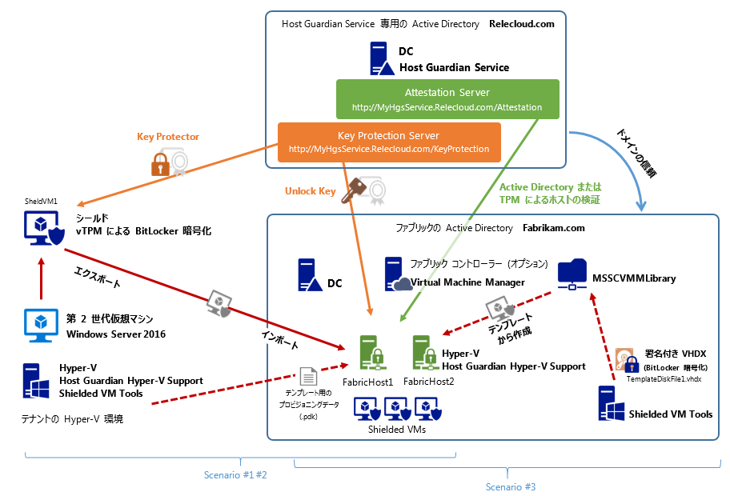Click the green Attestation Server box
point(447,99)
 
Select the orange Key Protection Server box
point(389,142)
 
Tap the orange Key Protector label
point(168,137)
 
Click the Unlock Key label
point(310,191)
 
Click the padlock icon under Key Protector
point(162,164)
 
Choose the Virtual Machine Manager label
point(467,282)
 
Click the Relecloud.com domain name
point(521,24)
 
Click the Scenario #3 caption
point(511,486)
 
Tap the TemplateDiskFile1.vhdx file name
point(664,378)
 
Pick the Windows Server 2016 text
point(116,334)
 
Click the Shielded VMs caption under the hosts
point(398,430)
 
